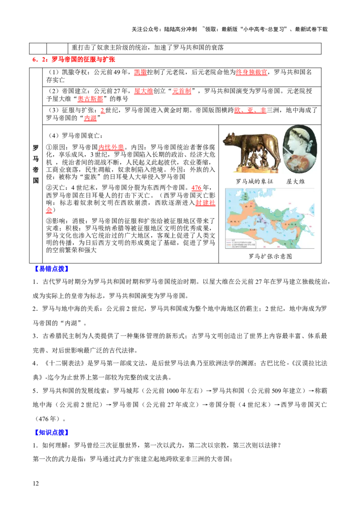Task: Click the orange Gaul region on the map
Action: pyautogui.click(x=247, y=209)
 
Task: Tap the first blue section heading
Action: pyautogui.click(x=51, y=269)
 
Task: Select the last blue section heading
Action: pyautogui.click(x=51, y=433)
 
